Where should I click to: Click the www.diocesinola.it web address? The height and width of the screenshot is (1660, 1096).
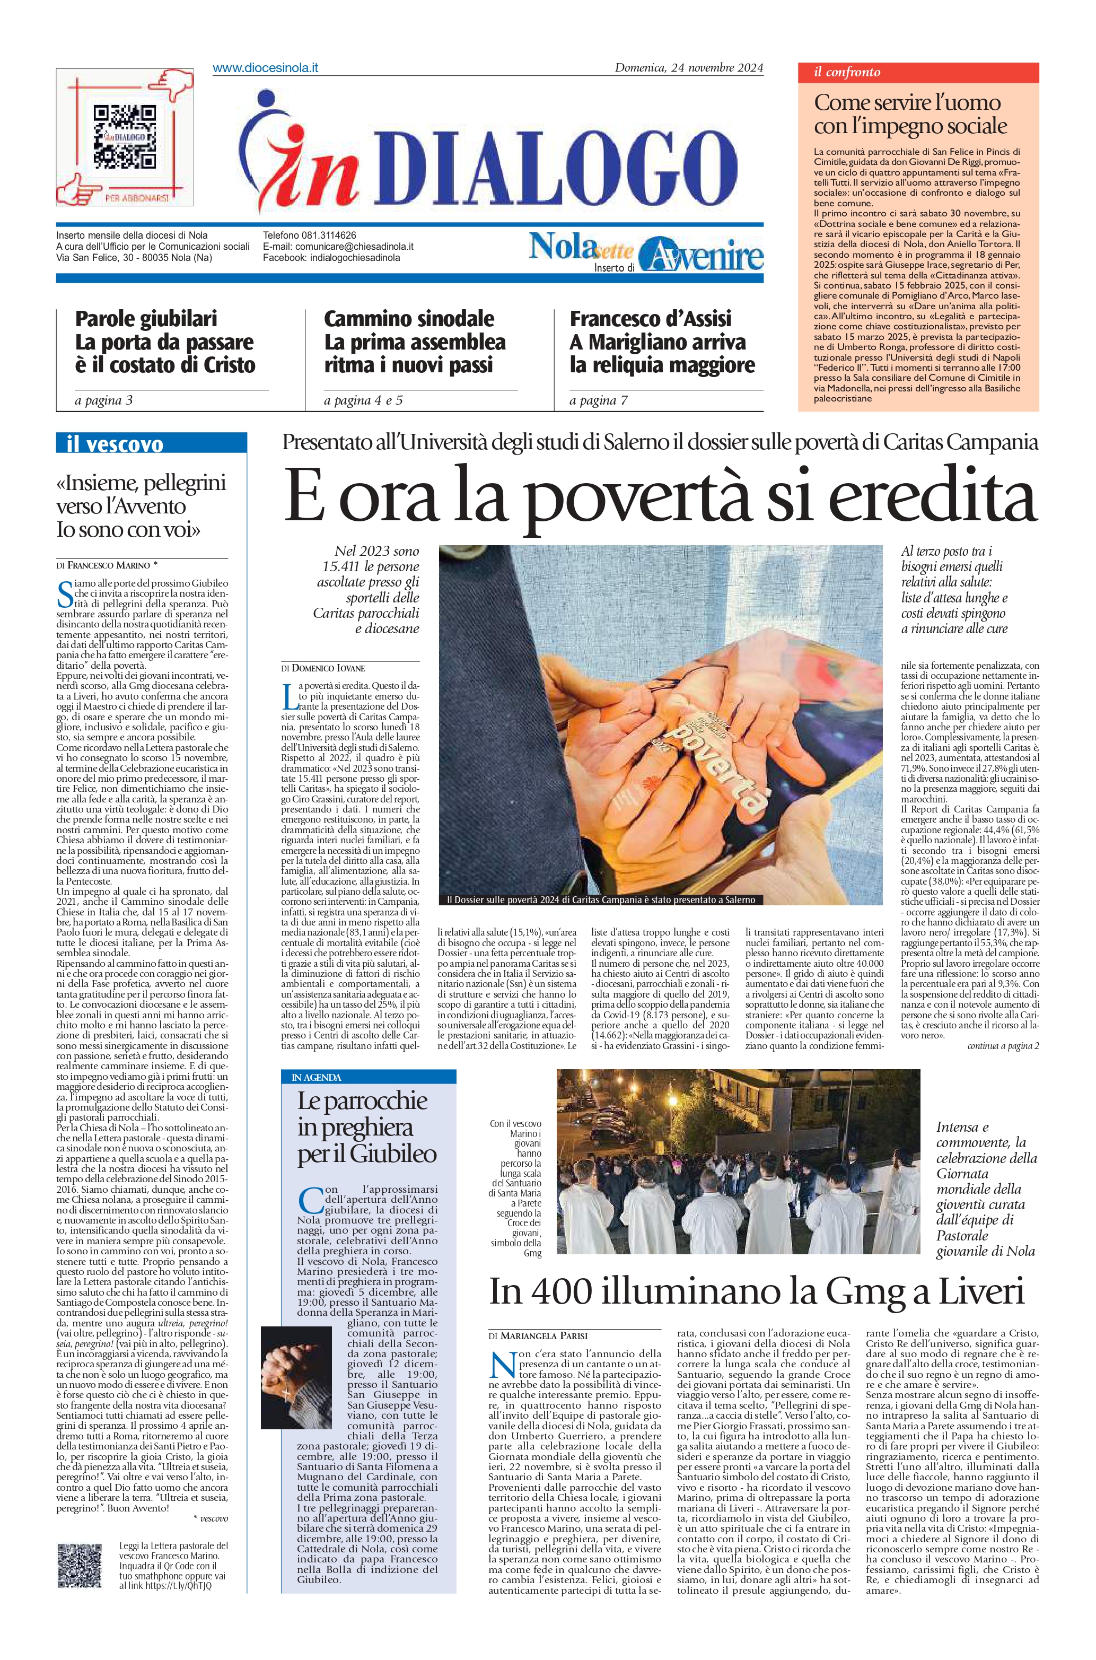[266, 68]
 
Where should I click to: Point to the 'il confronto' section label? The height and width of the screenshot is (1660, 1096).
[847, 72]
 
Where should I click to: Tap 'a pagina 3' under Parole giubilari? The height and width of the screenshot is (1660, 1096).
[103, 400]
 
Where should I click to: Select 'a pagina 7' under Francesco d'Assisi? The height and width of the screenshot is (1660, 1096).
[598, 400]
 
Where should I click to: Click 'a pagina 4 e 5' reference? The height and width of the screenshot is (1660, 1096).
[363, 400]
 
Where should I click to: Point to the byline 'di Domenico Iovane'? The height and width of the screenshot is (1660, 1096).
[323, 668]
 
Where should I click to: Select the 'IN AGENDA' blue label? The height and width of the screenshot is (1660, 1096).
[317, 1078]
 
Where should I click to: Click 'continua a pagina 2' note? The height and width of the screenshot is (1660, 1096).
[1002, 1046]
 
